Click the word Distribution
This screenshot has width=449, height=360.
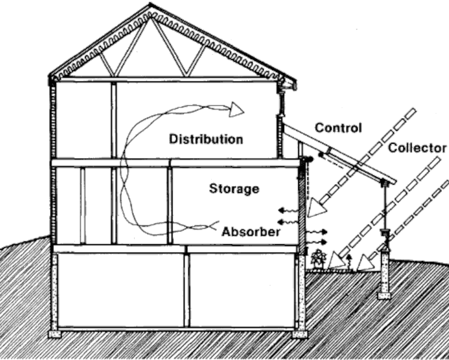click(206, 139)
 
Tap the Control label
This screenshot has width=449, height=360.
click(338, 128)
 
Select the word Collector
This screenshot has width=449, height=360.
click(417, 148)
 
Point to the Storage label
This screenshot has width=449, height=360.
click(234, 189)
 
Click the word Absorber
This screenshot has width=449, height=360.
click(251, 231)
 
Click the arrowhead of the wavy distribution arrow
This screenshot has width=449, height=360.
click(235, 109)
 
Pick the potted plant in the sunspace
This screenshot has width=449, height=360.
click(319, 258)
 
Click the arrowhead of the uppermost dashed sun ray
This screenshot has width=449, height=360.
click(318, 207)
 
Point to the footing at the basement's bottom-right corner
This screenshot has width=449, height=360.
click(300, 333)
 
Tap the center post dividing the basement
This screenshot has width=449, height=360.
click(187, 289)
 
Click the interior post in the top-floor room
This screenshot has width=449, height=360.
click(112, 119)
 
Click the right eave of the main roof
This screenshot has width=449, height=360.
click(288, 84)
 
